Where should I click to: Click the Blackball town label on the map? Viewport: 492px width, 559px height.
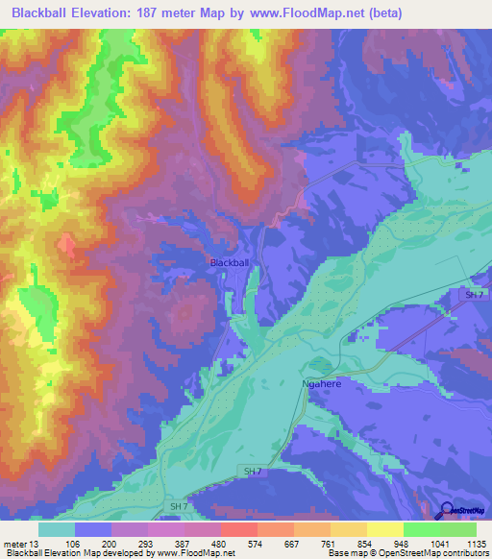230,262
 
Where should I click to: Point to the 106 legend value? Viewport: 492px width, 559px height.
74,543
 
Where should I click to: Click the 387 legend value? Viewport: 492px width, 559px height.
183,543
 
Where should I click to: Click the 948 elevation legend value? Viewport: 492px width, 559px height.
400,543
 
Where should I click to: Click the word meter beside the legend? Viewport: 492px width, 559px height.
14,543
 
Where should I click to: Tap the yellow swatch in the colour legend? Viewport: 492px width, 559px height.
384,529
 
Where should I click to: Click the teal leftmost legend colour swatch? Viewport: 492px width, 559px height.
56,529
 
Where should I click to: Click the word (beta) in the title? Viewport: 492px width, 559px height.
382,13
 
